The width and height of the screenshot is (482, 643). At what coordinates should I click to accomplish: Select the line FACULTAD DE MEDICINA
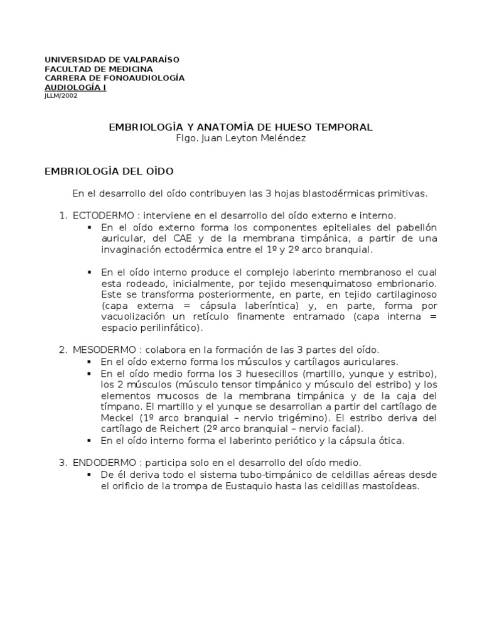tap(99, 68)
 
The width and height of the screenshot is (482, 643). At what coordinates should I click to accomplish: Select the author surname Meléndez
tap(284, 138)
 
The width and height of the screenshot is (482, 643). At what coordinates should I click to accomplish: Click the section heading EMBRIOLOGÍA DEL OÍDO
tap(109, 171)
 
